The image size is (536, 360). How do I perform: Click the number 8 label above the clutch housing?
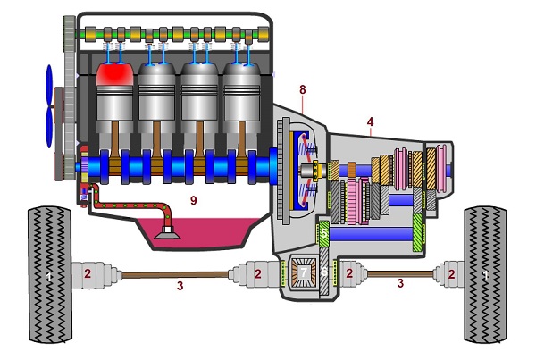click(x=303, y=89)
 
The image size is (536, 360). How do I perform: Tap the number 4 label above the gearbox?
click(x=370, y=121)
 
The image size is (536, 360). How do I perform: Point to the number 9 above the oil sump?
click(x=193, y=201)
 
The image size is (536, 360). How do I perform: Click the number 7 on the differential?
click(x=304, y=271)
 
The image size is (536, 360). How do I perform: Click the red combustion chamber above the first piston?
click(x=113, y=77)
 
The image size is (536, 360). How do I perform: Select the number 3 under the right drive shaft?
click(x=401, y=282)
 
